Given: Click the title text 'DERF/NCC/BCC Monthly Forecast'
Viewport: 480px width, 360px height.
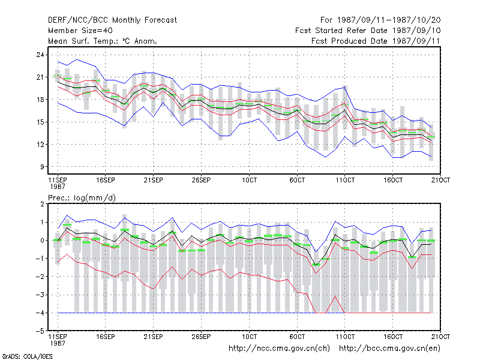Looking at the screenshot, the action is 112,20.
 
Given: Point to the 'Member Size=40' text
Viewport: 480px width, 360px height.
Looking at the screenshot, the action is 80,31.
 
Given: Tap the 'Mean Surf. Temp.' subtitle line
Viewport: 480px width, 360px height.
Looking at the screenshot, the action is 103,41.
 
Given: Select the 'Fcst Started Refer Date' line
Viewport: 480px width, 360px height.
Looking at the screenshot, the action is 368,31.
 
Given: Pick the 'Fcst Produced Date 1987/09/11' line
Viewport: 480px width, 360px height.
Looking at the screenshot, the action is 376,41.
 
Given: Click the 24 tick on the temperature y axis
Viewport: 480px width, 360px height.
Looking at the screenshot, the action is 40,55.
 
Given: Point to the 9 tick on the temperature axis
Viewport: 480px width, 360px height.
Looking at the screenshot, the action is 42,167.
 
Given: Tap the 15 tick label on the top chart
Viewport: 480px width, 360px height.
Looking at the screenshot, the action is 40,122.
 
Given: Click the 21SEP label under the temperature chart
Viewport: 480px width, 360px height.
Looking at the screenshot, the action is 154,180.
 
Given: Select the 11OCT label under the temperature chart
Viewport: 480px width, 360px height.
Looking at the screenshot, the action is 345,180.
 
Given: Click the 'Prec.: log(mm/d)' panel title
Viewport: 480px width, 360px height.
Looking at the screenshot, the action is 82,198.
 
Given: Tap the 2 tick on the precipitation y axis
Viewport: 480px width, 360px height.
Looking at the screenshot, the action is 42,204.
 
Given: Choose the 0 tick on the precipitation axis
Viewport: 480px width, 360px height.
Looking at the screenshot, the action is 42,241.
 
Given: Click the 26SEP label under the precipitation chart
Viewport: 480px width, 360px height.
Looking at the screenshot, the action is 201,337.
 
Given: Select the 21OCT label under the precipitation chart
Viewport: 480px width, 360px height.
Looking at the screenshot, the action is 441,337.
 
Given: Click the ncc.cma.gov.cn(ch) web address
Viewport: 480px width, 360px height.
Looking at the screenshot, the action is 279,349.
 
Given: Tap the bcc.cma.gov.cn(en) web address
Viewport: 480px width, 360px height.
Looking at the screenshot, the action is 389,349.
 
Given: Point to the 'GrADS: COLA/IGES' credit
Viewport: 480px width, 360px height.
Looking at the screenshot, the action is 27,356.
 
